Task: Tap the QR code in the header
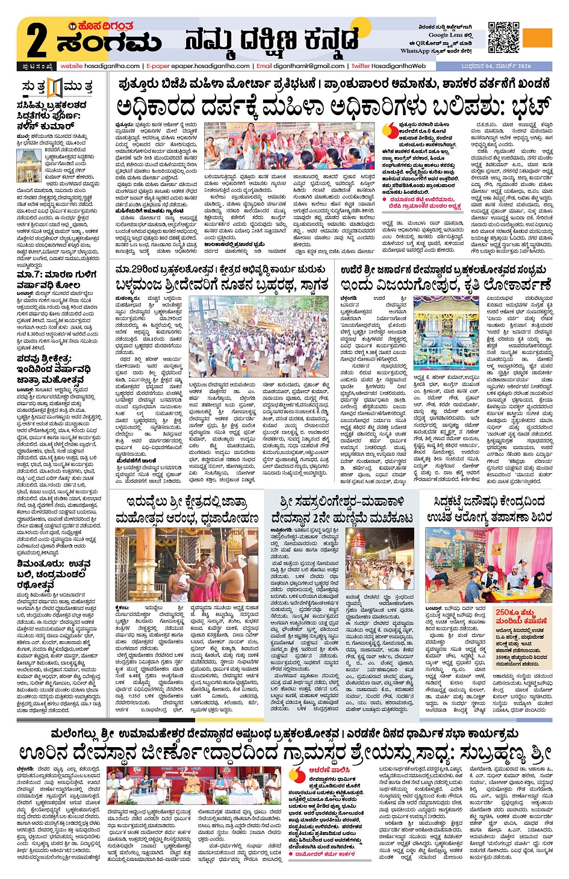click(x=503, y=37)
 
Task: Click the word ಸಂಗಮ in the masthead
click(x=109, y=43)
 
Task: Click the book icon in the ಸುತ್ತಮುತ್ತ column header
click(x=55, y=88)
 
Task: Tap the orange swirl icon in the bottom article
click(x=298, y=775)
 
